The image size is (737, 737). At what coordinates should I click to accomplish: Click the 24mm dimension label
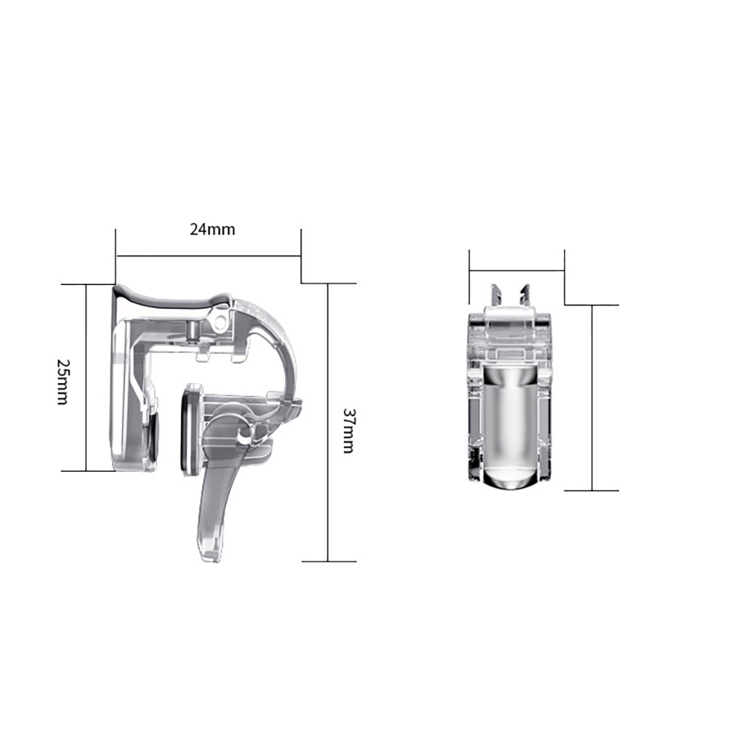(x=212, y=229)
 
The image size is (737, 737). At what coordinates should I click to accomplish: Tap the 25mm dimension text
(x=63, y=382)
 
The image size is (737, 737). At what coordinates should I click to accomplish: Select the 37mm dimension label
(x=348, y=430)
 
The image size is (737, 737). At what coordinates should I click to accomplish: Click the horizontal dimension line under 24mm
(x=208, y=256)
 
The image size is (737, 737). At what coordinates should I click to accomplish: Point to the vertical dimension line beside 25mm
(x=87, y=378)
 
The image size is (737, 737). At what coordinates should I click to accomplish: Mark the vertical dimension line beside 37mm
(x=328, y=422)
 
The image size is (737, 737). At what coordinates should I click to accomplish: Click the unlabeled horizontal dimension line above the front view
(x=517, y=271)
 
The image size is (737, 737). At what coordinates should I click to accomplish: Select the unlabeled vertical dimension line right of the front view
(x=592, y=398)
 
